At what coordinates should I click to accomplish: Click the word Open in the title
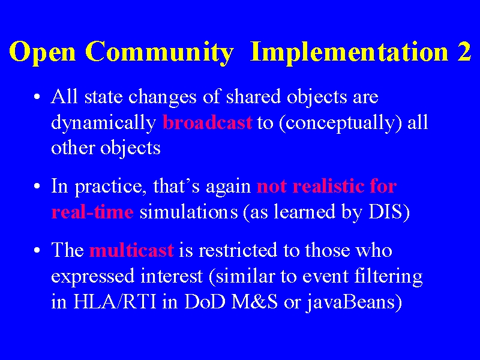tap(42, 52)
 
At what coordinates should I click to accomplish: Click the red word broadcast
tap(208, 122)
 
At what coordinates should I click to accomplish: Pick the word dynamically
tap(104, 124)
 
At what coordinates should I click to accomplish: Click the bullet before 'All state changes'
tap(37, 97)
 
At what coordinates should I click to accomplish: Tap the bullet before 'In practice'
tap(37, 187)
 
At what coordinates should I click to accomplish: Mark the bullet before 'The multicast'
tap(37, 250)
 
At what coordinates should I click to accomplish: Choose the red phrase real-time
tap(92, 211)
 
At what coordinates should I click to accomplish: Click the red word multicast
tap(131, 250)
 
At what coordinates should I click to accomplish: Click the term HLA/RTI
tap(115, 301)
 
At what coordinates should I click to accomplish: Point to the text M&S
tap(254, 301)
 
